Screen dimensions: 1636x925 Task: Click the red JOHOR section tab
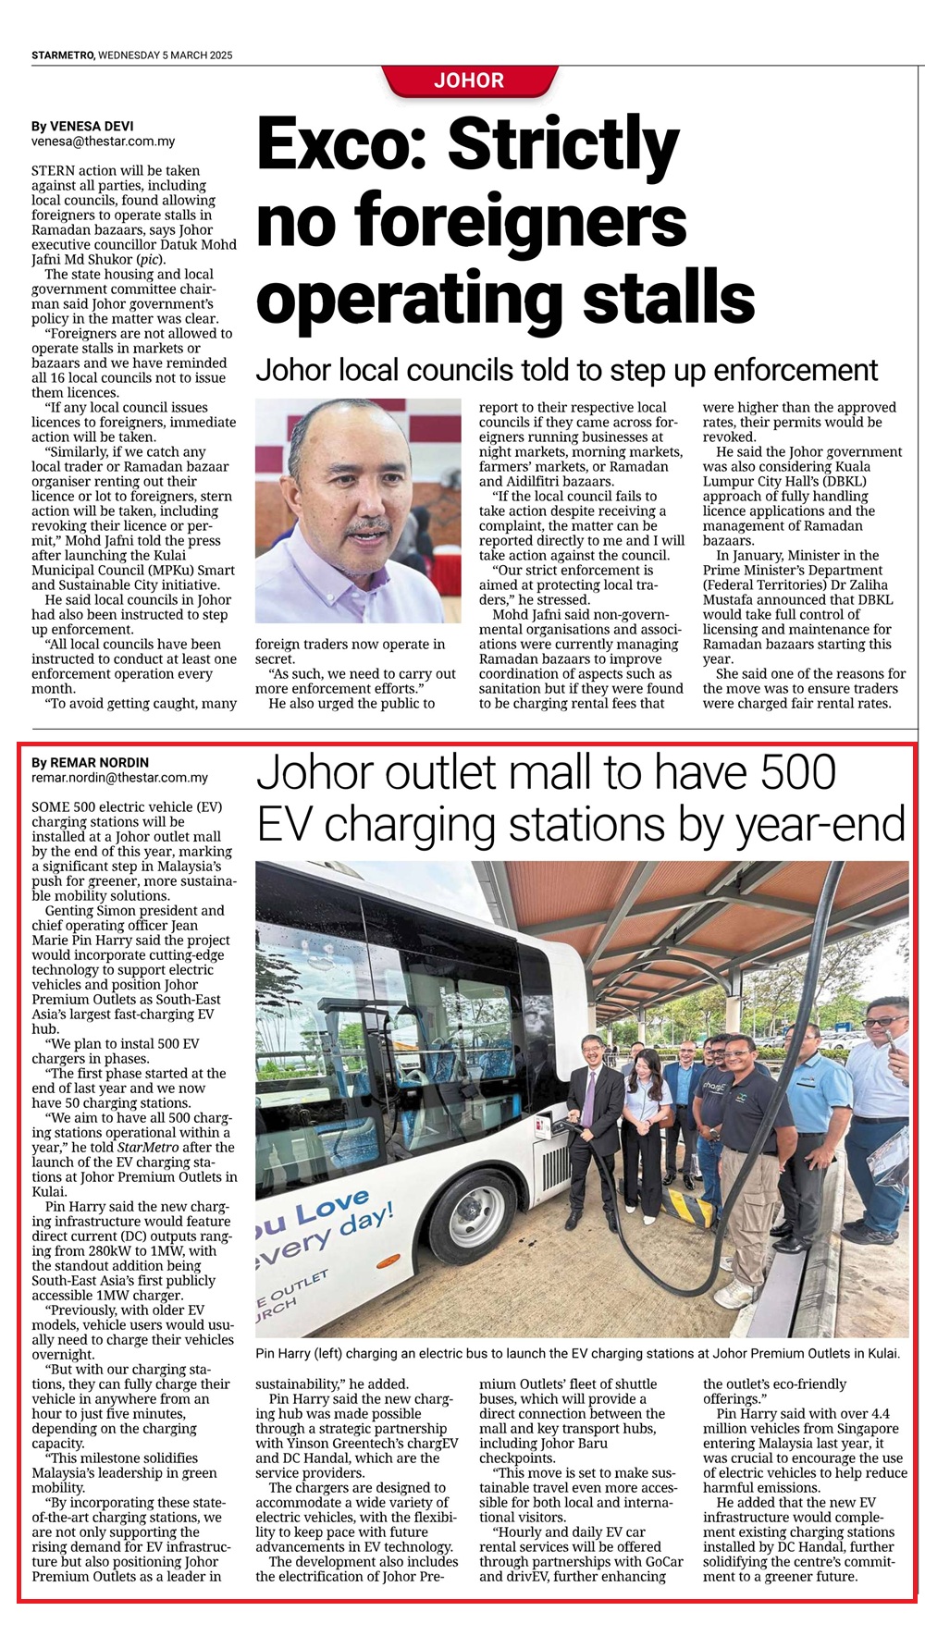tap(469, 80)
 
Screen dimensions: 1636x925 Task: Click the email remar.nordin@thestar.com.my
tap(119, 778)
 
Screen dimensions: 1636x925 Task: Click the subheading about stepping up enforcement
tap(566, 371)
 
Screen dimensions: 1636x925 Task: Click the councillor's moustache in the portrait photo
tap(371, 527)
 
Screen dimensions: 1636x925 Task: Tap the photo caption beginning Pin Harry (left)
tap(577, 1353)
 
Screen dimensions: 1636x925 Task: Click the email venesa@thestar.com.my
tap(103, 141)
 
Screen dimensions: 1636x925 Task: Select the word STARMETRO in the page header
tap(63, 55)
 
